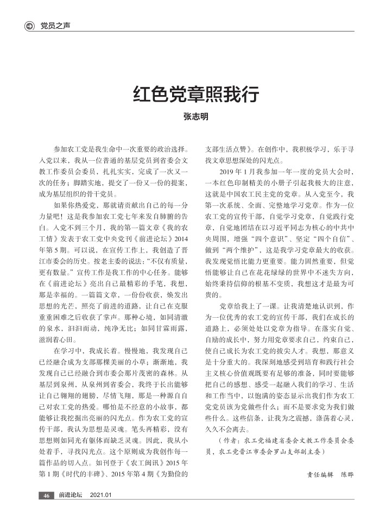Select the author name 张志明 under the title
pyautogui.click(x=195, y=117)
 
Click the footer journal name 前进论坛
pyautogui.click(x=71, y=495)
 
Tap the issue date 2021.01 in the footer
pyautogui.click(x=100, y=495)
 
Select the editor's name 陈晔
pyautogui.click(x=347, y=474)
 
